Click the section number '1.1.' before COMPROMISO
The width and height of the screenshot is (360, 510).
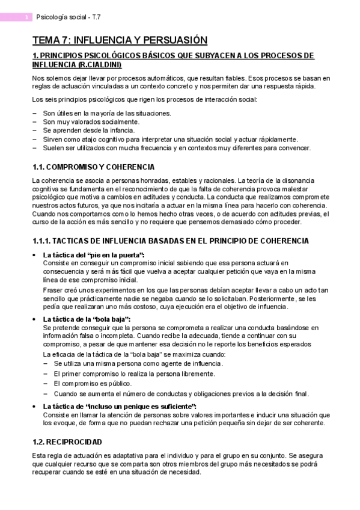[x=38, y=167]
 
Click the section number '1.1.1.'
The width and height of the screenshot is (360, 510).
[x=42, y=241]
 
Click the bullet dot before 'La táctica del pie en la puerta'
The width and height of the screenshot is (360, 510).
[x=34, y=255]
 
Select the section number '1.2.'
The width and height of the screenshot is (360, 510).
[x=38, y=441]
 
